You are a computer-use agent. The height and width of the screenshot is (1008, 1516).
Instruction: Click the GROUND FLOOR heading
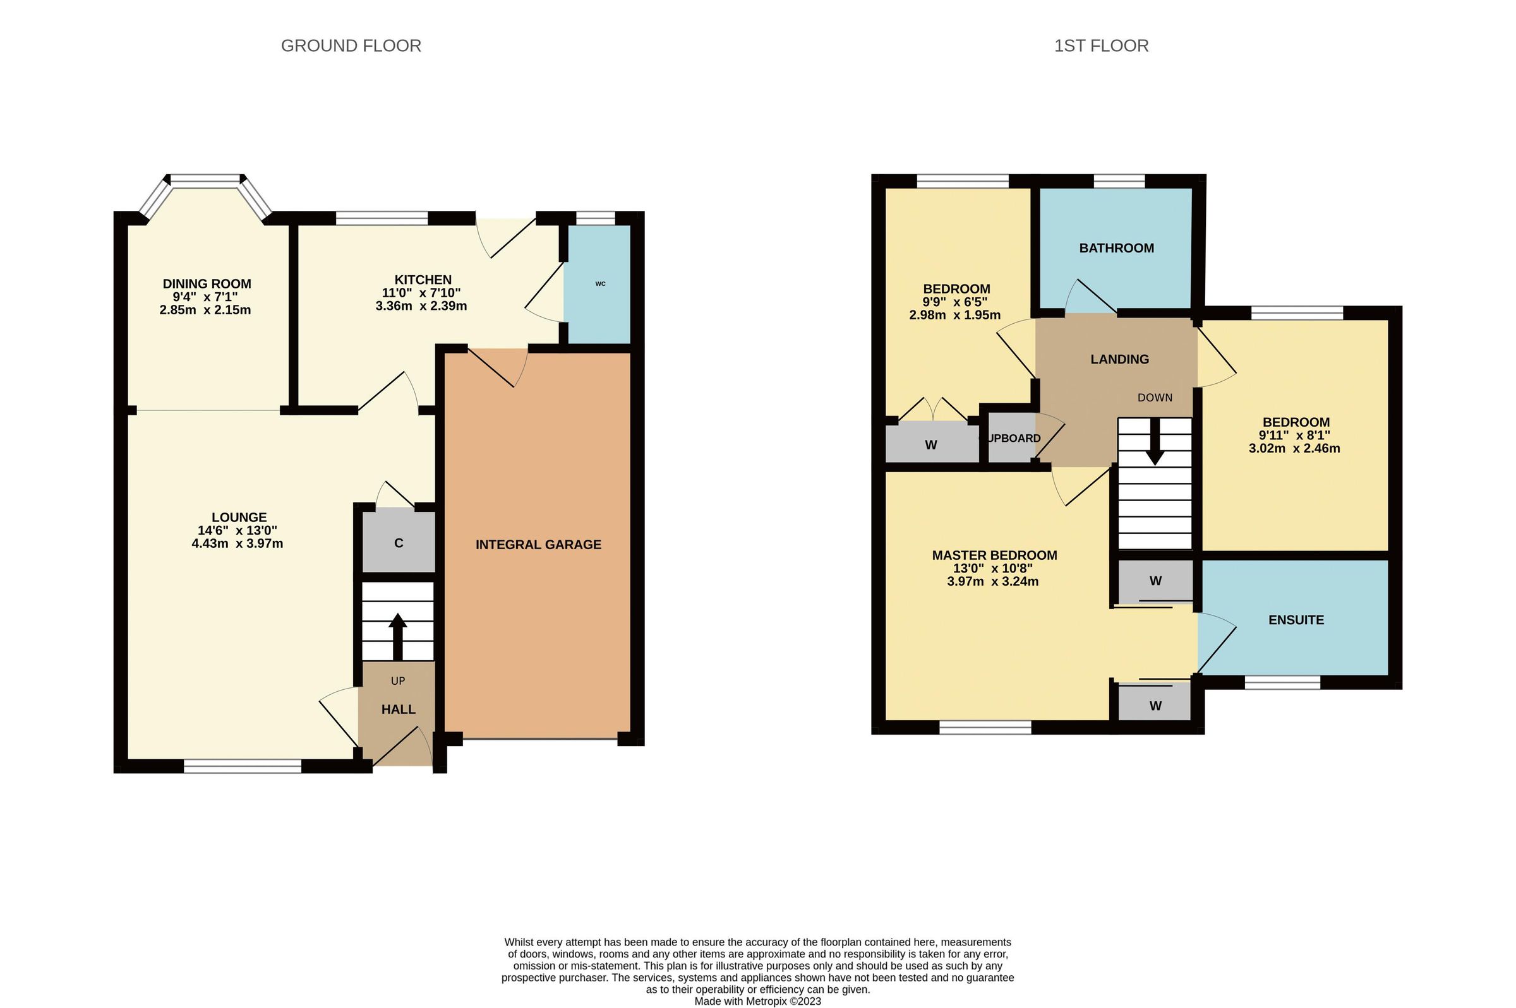pos(351,45)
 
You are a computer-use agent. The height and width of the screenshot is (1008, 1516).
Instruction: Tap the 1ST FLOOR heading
pos(1100,45)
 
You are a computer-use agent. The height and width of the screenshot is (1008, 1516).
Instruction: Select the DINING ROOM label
pos(207,283)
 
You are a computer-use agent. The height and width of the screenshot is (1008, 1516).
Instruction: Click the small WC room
pos(599,283)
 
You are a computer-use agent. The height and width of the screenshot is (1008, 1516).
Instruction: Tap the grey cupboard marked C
pos(398,543)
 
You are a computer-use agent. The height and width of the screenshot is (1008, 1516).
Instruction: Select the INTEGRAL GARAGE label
pos(538,545)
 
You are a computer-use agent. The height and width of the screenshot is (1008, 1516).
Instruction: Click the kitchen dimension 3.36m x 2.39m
pos(421,306)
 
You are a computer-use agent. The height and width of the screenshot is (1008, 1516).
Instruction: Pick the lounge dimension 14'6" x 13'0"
pos(238,530)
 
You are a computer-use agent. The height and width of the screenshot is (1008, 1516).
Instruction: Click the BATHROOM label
pos(1116,248)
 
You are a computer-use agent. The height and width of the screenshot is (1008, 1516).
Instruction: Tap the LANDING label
pos(1119,359)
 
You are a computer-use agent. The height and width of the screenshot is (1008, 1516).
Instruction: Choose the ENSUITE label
pos(1296,620)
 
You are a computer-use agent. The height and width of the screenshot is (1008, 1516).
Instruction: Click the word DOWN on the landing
pos(1155,397)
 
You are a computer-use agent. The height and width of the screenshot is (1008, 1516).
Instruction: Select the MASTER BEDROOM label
pos(994,555)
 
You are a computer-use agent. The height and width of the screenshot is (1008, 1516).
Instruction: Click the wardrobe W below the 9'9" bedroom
pos(930,444)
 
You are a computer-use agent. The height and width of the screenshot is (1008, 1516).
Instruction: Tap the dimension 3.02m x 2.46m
pos(1294,448)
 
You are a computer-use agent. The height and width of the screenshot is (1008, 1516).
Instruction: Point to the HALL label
pos(398,709)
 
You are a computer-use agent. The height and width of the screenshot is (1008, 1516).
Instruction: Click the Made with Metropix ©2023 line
pos(757,1001)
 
